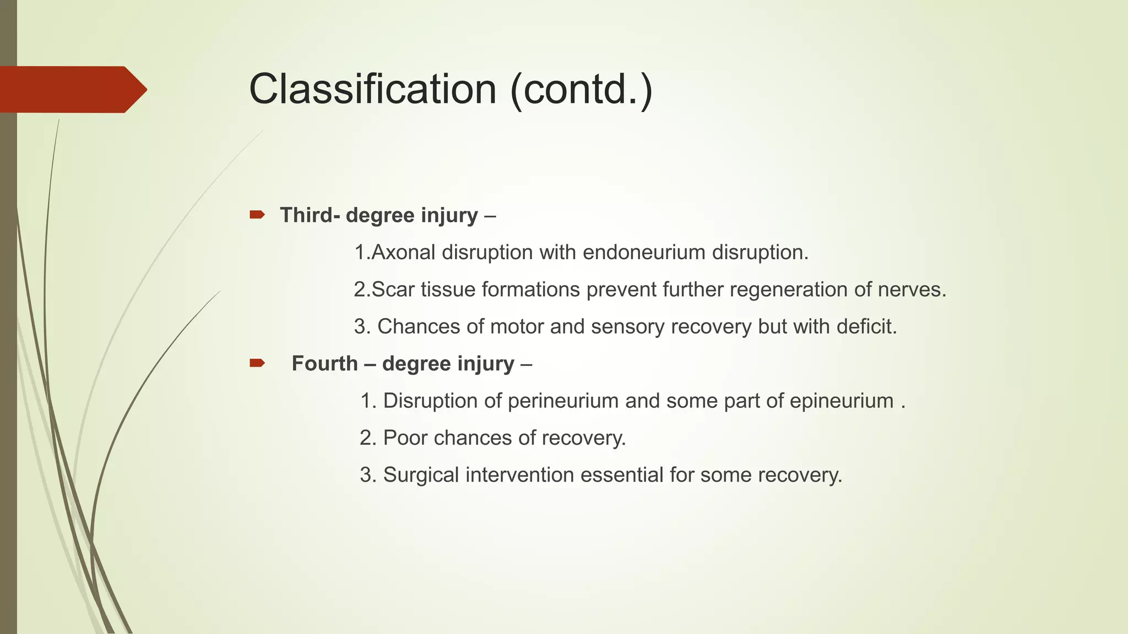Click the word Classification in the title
[x=373, y=89]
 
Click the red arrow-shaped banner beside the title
[x=72, y=89]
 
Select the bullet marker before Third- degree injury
[x=257, y=215]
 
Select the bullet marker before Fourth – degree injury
[x=257, y=363]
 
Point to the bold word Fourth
[x=324, y=364]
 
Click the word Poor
[x=405, y=438]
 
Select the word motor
[x=517, y=327]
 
